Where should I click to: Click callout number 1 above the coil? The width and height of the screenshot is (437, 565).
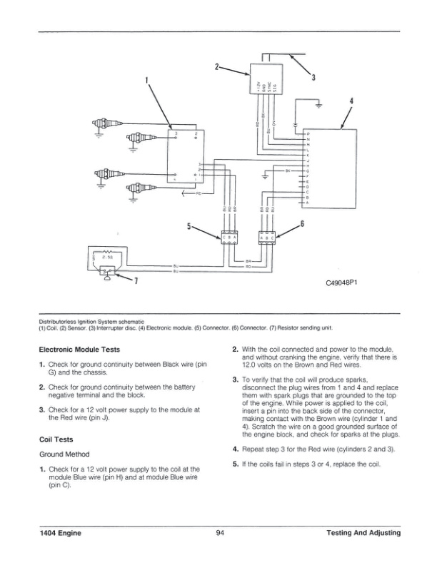point(148,81)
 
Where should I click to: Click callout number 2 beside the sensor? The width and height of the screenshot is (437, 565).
point(216,67)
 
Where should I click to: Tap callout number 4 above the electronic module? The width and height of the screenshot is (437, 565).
point(351,101)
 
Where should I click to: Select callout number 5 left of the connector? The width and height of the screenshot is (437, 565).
point(189,226)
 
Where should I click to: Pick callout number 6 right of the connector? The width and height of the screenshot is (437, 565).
point(302,224)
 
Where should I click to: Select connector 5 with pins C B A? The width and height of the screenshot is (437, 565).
point(230,239)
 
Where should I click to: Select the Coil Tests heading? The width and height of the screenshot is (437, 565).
point(58,439)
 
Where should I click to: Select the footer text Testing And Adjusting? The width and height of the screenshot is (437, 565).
point(362,533)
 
